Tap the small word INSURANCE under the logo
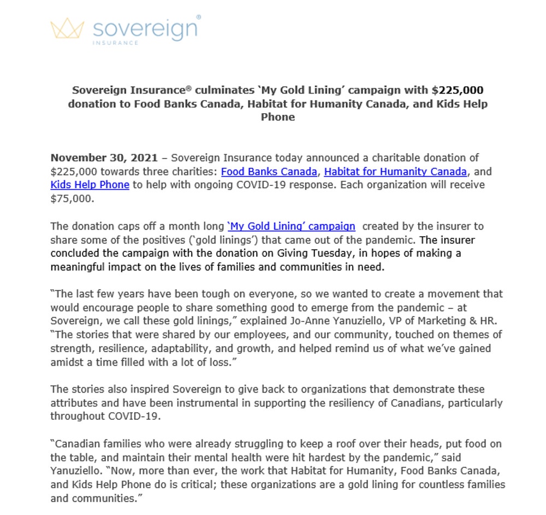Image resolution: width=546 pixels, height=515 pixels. click(115, 42)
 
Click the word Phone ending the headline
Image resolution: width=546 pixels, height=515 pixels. click(277, 117)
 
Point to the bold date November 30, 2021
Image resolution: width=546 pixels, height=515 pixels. click(104, 158)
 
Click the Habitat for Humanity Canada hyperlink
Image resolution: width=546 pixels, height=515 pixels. click(395, 172)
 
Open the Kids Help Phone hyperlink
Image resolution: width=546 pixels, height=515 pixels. click(90, 185)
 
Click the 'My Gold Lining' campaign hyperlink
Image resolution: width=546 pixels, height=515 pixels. click(291, 226)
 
